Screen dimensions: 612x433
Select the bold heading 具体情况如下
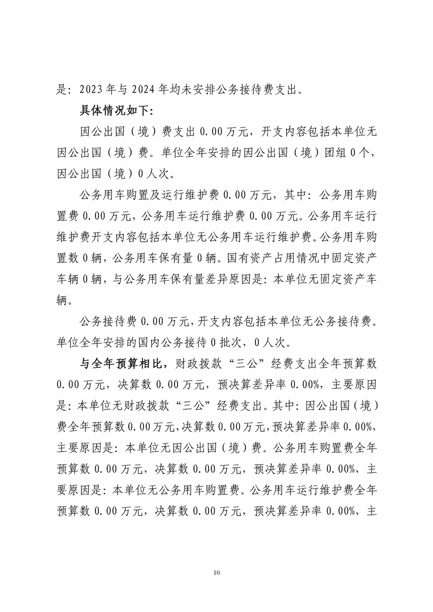(x=116, y=110)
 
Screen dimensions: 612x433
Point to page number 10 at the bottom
(x=217, y=573)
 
